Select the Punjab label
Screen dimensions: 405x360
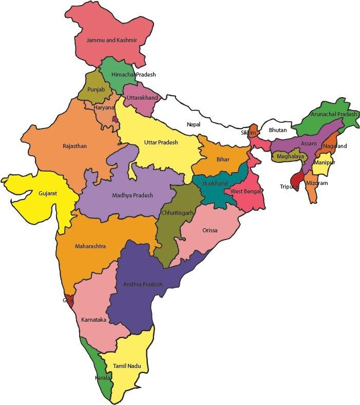96,89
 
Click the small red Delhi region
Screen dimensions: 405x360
115,119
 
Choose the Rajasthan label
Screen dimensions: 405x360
74,146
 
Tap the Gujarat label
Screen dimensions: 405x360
48,194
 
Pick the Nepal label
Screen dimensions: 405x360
194,124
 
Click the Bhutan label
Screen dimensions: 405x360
278,130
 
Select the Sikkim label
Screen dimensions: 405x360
249,133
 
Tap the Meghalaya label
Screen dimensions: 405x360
291,156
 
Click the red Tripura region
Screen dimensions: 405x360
296,179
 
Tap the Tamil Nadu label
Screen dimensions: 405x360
127,366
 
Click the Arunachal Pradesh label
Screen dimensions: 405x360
333,114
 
